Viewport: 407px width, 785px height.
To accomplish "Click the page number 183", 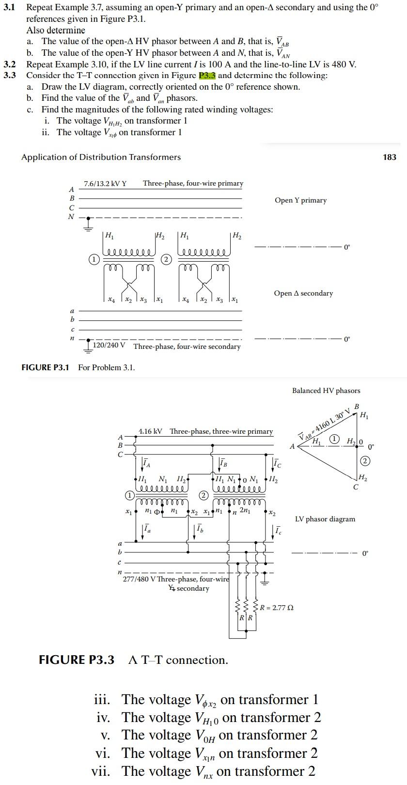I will point(389,157).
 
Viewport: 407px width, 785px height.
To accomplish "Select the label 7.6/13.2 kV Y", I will point(105,184).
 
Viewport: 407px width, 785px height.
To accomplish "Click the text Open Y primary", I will point(300,200).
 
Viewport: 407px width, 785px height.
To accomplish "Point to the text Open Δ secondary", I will point(303,293).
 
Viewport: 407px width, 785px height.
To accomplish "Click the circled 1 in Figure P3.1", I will point(93,259).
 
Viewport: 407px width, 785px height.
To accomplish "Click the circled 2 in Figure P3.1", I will point(166,259).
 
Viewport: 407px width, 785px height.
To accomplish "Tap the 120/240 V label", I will point(109,346).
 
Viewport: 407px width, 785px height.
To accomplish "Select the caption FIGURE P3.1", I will point(45,367).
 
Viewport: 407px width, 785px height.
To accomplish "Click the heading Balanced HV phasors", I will point(326,391).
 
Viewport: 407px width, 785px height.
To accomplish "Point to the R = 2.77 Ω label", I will point(277,607).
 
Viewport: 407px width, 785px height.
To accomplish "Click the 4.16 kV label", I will point(150,431).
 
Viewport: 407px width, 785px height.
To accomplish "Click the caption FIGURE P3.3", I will point(76,660).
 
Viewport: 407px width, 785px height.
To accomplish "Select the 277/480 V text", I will point(139,580).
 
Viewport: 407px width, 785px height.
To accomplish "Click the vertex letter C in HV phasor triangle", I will point(356,487).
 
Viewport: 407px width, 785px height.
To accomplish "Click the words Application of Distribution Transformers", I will point(101,157).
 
